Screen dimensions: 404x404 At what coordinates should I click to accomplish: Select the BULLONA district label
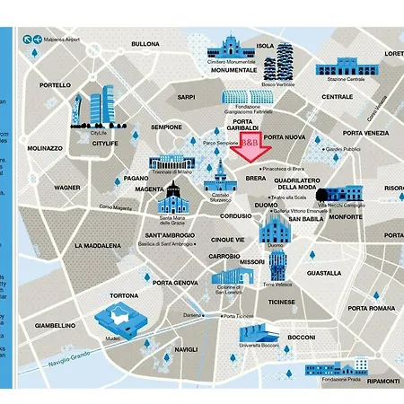pyautogui.click(x=145, y=43)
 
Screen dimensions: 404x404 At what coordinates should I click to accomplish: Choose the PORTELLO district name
pyautogui.click(x=55, y=85)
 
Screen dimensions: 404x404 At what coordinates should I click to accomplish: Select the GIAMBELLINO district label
pyautogui.click(x=53, y=326)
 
